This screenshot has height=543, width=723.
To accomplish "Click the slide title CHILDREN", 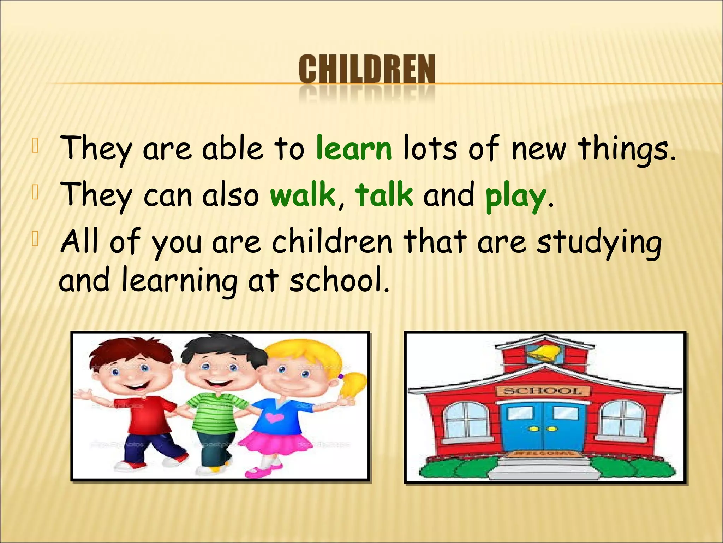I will click(366, 70).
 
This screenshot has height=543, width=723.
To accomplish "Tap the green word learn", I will click(354, 148).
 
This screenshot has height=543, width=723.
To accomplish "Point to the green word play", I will click(515, 197).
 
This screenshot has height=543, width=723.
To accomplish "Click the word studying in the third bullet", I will click(599, 243).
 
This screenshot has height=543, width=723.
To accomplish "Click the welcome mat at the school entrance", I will click(543, 454).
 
